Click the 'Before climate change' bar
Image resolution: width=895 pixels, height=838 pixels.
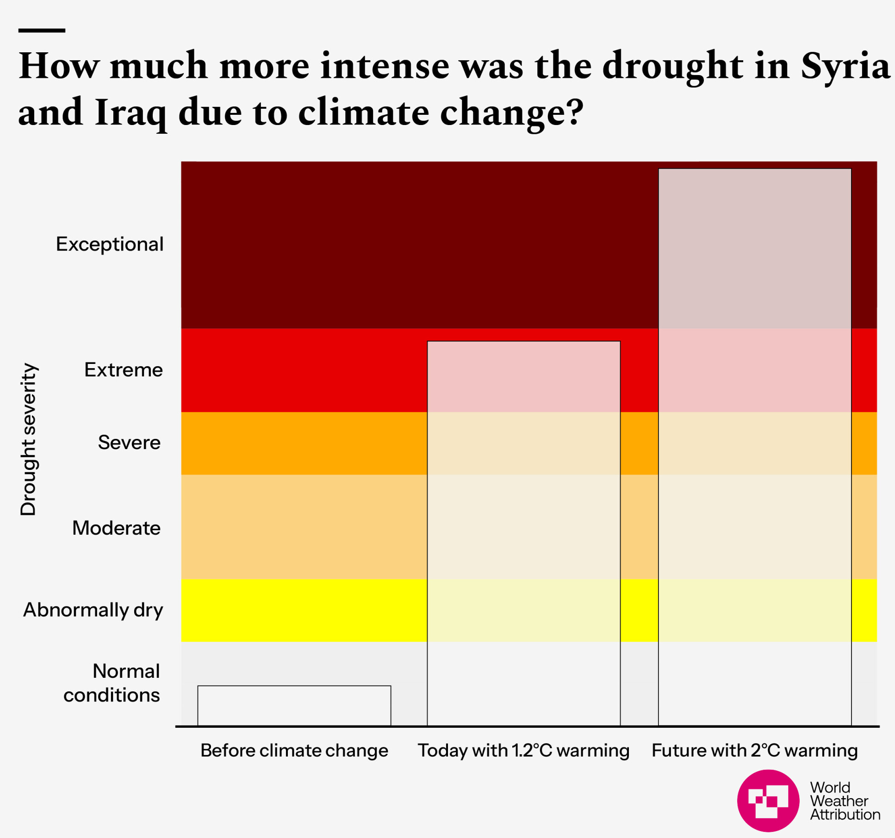294,706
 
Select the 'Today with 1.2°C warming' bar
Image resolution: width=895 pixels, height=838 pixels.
523,532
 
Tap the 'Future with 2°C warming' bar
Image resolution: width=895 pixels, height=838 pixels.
754,447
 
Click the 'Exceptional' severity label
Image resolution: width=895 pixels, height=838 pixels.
110,244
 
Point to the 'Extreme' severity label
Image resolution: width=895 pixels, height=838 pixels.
124,370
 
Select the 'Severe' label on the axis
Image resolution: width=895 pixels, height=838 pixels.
129,443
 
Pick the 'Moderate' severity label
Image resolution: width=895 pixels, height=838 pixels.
116,528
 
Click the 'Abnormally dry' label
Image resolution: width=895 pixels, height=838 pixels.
93,610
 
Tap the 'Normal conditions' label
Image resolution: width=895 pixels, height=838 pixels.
112,683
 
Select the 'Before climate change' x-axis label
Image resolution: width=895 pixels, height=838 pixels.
294,750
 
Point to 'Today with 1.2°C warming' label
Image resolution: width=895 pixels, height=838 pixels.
523,750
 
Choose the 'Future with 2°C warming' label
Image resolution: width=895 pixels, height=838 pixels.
754,750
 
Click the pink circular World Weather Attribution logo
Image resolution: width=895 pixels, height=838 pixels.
768,800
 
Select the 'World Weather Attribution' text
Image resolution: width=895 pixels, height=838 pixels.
845,801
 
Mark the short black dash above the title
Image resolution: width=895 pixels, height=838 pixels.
42,31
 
